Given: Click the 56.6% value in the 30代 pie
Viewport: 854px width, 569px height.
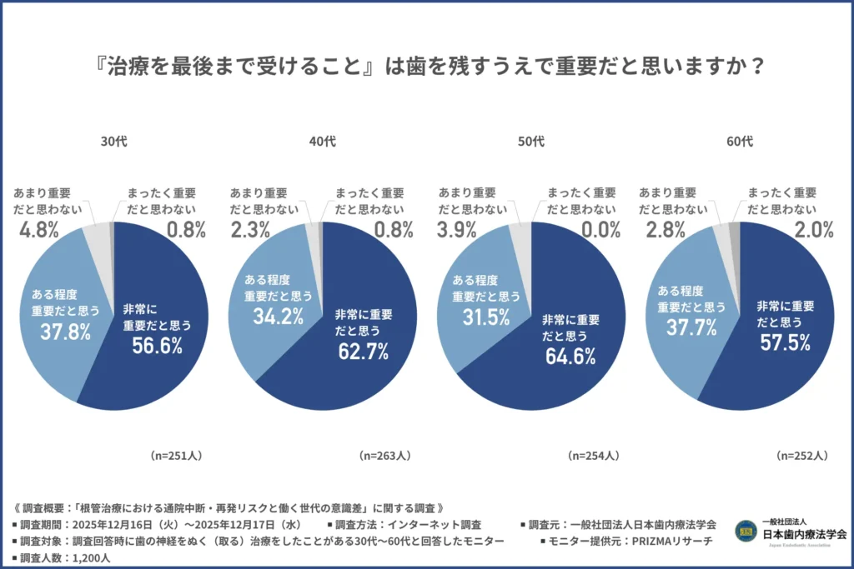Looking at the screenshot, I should (157, 346).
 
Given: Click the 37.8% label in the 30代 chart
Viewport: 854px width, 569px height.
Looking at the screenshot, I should (65, 332).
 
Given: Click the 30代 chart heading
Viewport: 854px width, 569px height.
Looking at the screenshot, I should (113, 142).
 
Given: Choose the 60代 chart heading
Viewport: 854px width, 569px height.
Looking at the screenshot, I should (739, 142).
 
